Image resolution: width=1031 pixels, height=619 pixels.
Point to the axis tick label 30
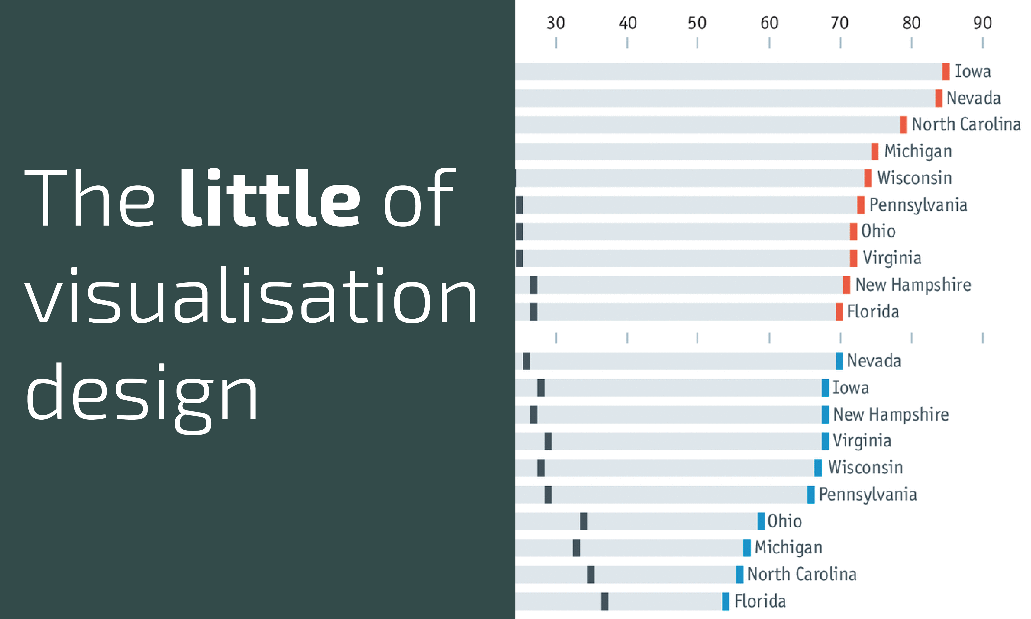tap(556, 23)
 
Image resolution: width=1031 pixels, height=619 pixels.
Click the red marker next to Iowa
tap(946, 71)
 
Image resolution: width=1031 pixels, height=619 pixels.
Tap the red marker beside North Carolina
tap(903, 125)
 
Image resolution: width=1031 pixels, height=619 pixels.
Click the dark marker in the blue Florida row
tap(604, 601)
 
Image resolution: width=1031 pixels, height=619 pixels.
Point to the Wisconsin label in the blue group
tap(865, 467)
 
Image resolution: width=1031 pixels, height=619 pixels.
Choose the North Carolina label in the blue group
tap(802, 574)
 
